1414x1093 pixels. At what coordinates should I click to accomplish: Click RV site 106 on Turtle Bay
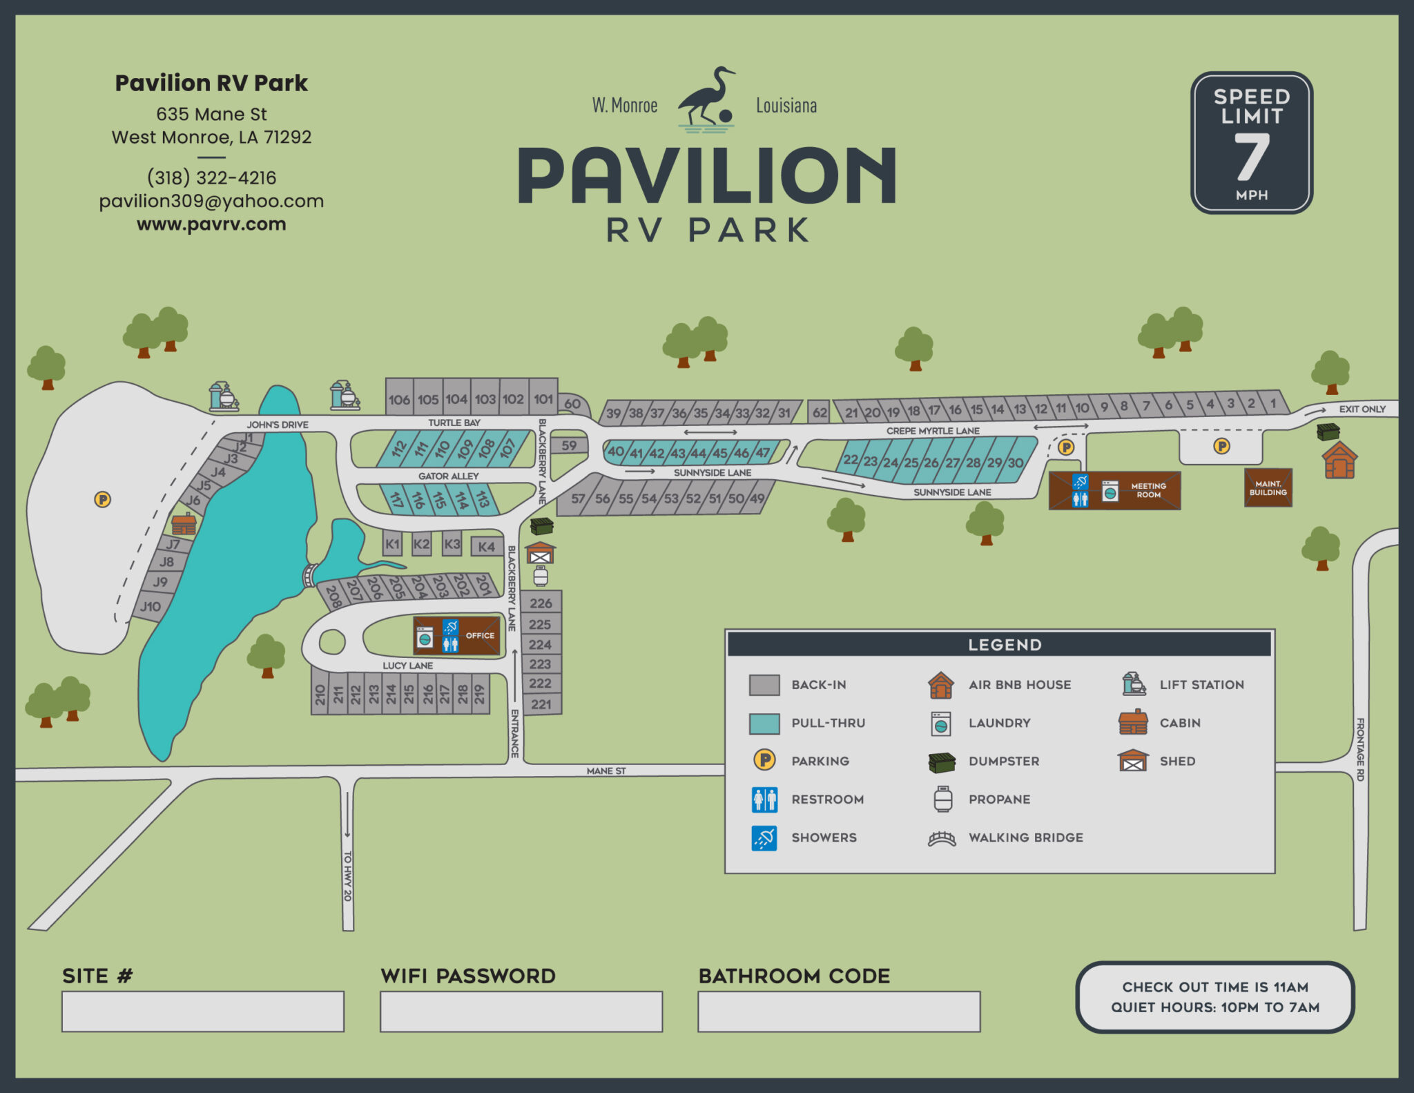[399, 399]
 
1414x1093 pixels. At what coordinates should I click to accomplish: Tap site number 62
[819, 412]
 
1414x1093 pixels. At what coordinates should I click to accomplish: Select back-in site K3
[452, 544]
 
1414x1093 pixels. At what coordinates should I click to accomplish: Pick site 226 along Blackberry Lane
[541, 603]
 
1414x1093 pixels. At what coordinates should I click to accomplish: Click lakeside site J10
[151, 607]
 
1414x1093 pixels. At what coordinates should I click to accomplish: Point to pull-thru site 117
[396, 499]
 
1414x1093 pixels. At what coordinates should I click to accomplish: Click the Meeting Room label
[1148, 490]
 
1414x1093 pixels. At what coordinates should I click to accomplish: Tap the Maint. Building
[1268, 488]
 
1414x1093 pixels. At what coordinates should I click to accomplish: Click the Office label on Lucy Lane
[480, 635]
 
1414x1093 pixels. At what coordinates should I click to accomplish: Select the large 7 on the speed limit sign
[1251, 157]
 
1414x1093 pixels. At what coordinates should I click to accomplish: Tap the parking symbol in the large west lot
[102, 499]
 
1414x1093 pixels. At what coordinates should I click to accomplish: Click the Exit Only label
[1362, 409]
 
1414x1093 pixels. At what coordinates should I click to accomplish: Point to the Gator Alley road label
[448, 476]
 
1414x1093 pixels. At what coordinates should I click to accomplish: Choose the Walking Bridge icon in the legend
[942, 838]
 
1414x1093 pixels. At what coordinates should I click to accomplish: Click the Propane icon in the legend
[942, 799]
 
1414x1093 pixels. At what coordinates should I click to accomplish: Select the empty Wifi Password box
[521, 1012]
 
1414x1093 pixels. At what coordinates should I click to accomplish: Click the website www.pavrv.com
[211, 224]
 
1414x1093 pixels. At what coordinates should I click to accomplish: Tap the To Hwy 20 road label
[347, 876]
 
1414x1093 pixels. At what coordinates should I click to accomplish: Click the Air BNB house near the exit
[1339, 461]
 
